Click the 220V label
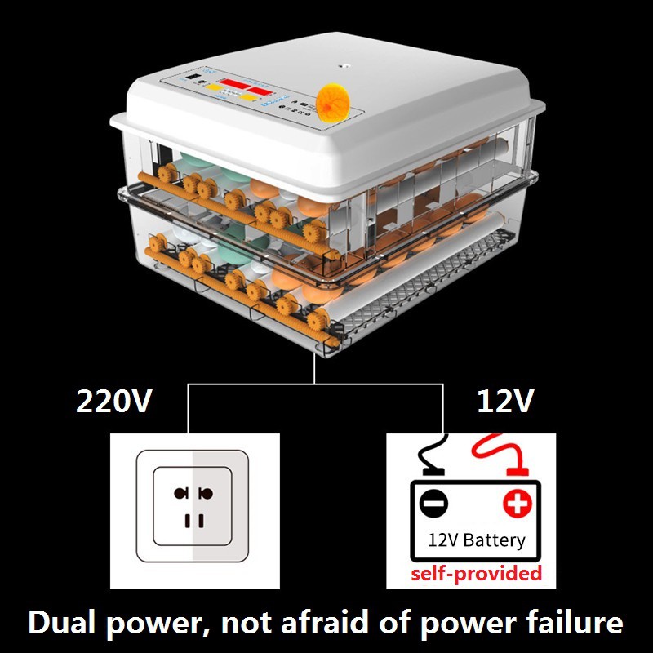pos(113,402)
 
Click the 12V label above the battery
pos(504,402)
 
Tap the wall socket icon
pos(193,506)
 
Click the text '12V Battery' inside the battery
pos(477,540)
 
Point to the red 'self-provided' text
pos(477,573)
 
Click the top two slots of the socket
pos(193,493)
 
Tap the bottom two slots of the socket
pos(193,520)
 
